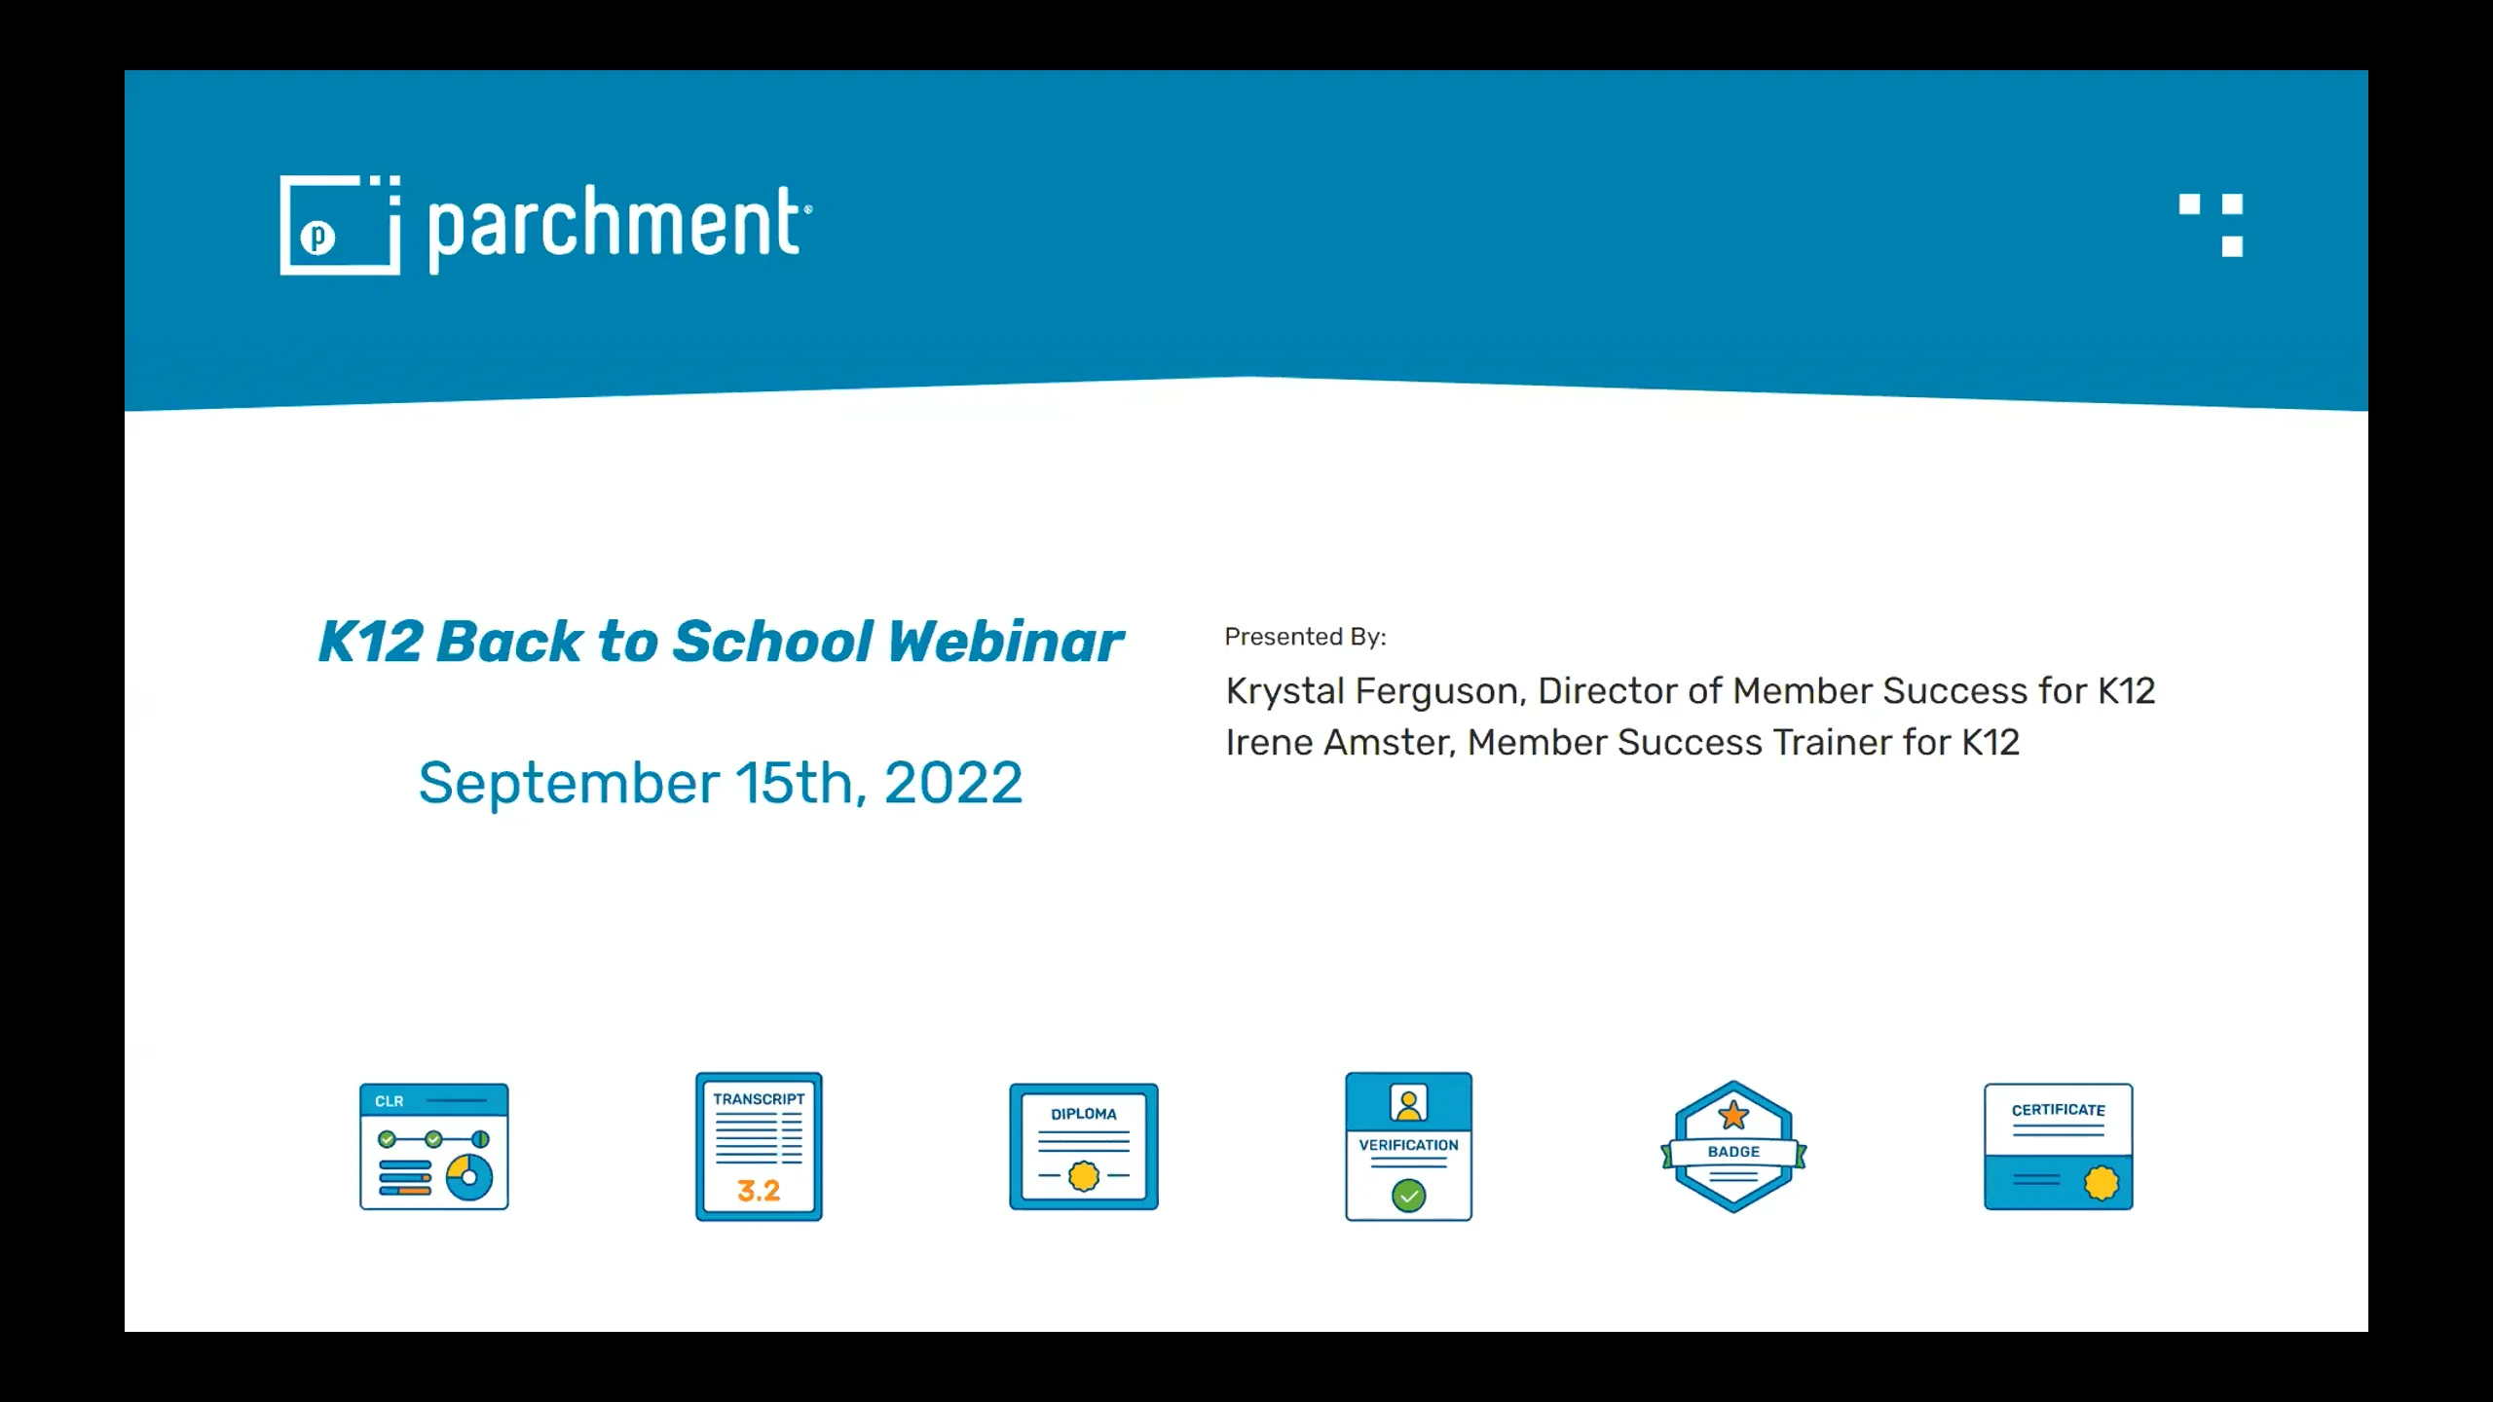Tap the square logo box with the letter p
click(338, 226)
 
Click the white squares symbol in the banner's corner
click(2212, 225)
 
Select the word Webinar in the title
click(1005, 642)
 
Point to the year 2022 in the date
click(952, 783)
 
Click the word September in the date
click(569, 783)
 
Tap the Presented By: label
click(1305, 637)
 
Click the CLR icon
click(434, 1147)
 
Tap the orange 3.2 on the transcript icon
click(759, 1191)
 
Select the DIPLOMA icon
click(1084, 1147)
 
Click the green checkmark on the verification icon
click(1408, 1195)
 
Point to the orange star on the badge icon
click(1733, 1115)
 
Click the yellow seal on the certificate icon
click(2101, 1183)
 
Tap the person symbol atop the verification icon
click(1408, 1104)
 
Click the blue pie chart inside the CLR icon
click(469, 1177)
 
